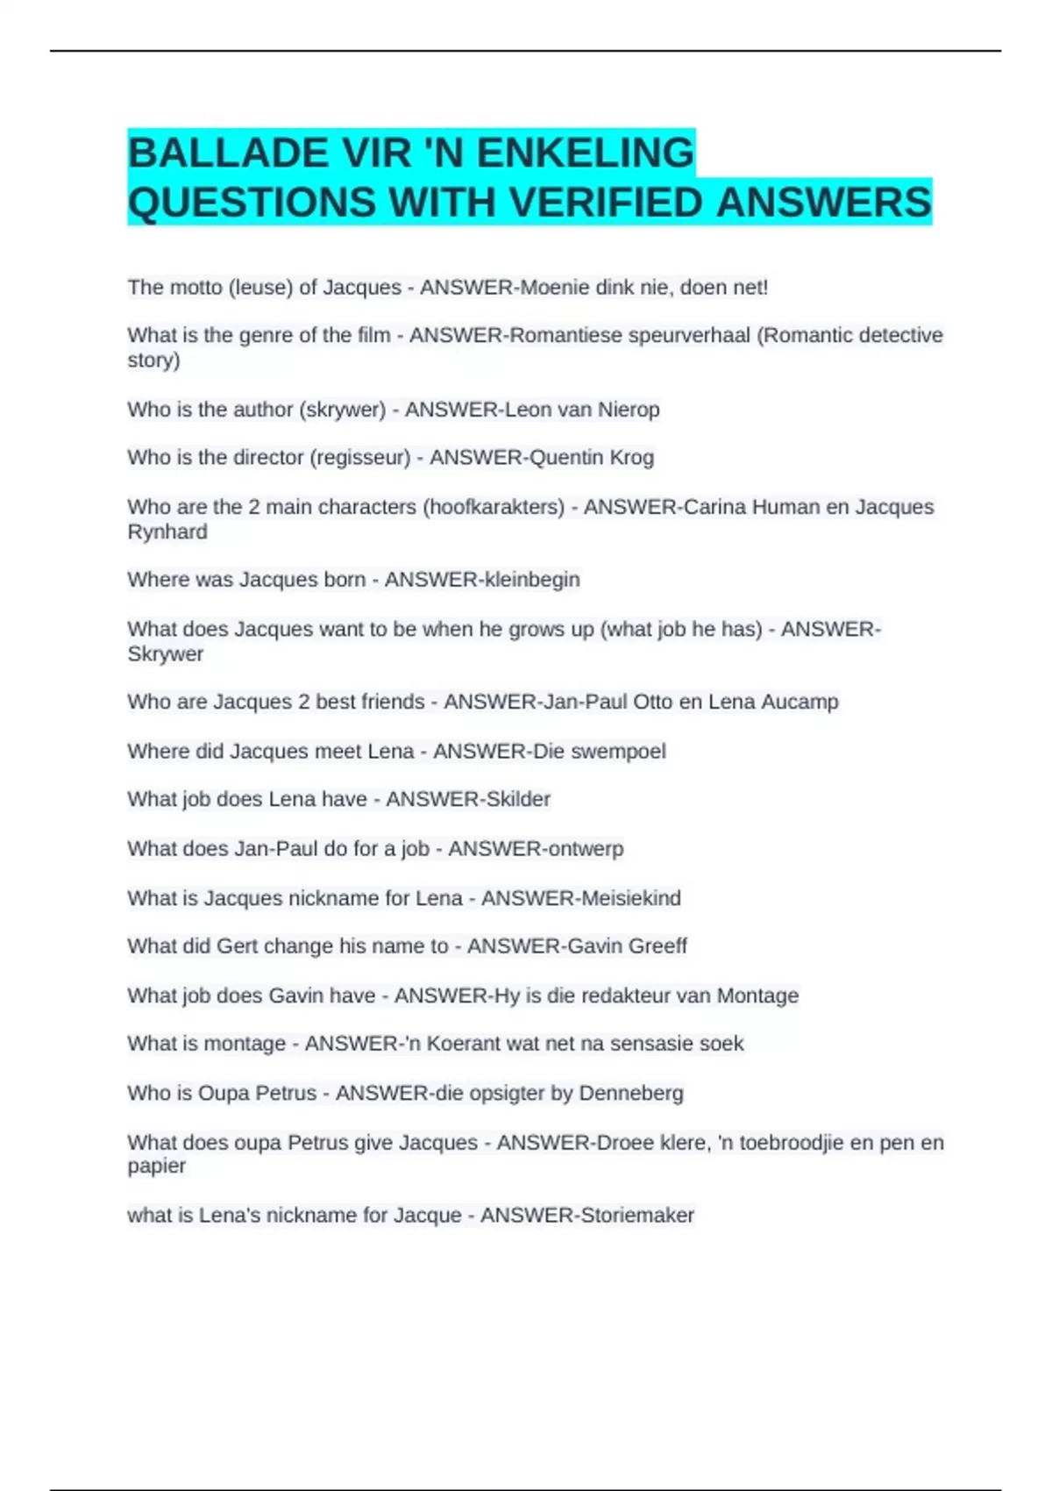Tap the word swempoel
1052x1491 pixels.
click(x=618, y=752)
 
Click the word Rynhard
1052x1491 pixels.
click(x=167, y=532)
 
